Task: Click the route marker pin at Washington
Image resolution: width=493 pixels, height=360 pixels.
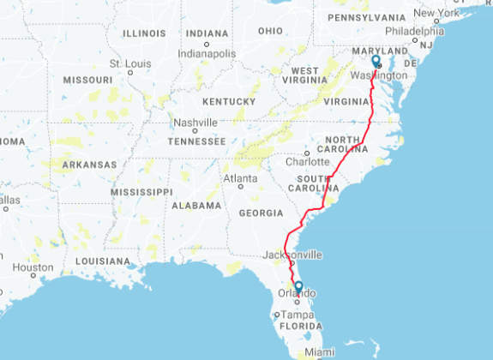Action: (376, 62)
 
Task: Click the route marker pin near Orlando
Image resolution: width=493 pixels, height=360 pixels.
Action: (298, 287)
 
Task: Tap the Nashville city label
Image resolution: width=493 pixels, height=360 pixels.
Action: (196, 123)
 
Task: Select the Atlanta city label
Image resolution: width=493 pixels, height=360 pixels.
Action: (240, 178)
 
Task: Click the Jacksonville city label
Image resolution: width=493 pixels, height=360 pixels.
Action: (293, 255)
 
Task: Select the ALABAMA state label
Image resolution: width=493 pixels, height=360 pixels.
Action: (196, 206)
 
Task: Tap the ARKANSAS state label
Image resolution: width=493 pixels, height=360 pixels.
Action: (88, 165)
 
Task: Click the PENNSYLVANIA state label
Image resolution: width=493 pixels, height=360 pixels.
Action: (366, 17)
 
